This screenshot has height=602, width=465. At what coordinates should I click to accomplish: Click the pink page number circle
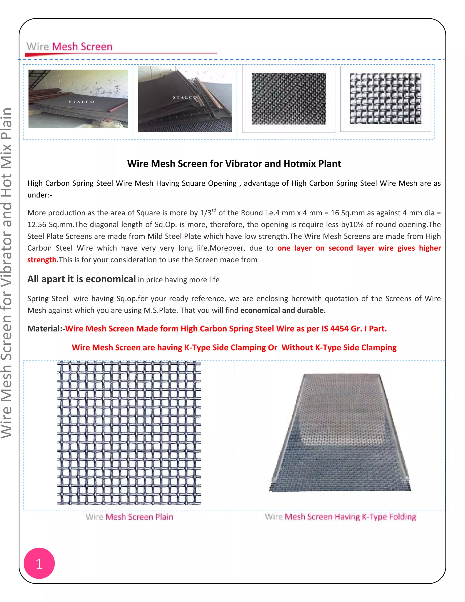point(39,563)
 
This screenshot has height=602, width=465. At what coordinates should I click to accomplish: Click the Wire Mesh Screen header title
point(69,47)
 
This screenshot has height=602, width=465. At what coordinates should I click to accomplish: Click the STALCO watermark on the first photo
point(82,102)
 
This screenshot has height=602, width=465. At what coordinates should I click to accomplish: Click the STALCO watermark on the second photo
point(185,97)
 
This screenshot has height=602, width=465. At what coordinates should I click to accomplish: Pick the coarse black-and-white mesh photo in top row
point(385,98)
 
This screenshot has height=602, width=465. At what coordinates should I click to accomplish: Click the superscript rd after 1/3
point(214,210)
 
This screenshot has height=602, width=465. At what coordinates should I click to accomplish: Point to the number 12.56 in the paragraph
point(37,225)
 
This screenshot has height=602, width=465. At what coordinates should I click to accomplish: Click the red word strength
point(42,260)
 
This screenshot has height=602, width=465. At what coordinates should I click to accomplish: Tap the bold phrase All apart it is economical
point(82,279)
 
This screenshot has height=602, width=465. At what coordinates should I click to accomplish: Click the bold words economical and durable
point(283,310)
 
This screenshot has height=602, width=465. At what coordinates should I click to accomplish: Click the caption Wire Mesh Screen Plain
point(129,517)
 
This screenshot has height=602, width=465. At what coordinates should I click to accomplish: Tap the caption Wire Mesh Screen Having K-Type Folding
point(341,517)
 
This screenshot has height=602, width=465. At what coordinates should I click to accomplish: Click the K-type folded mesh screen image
point(340,433)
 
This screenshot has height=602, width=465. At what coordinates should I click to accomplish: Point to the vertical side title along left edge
point(7,273)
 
